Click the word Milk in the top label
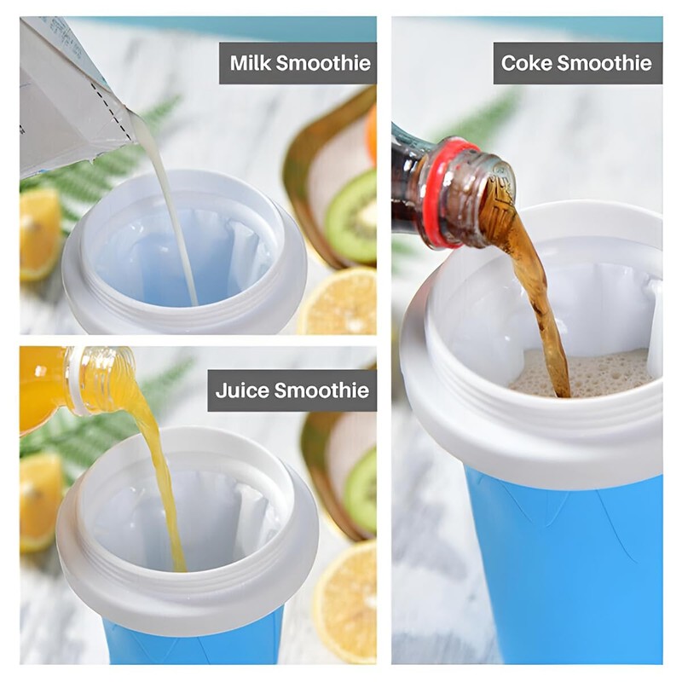(x=251, y=63)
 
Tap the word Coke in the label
(x=524, y=63)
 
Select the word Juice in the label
(x=240, y=390)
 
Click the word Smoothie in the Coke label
(x=611, y=63)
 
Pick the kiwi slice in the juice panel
(x=361, y=490)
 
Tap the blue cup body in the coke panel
(x=563, y=563)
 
